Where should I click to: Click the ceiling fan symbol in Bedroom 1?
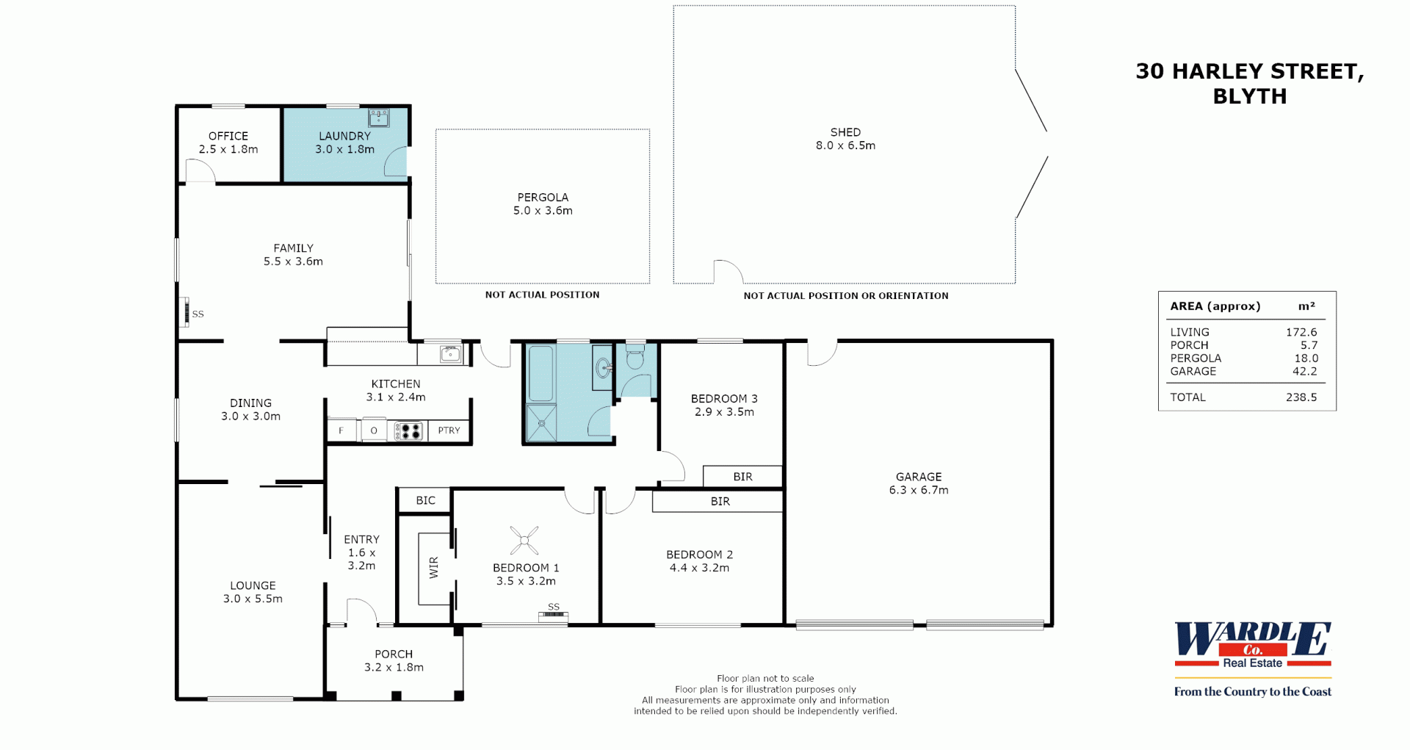pyautogui.click(x=524, y=541)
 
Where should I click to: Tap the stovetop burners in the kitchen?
pyautogui.click(x=409, y=430)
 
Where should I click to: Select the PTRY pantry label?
pyautogui.click(x=449, y=430)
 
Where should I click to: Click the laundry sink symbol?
pyautogui.click(x=379, y=118)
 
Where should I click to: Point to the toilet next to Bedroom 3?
pyautogui.click(x=635, y=356)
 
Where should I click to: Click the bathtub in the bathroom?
pyautogui.click(x=541, y=373)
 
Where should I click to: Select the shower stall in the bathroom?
pyautogui.click(x=541, y=422)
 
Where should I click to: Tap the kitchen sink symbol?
pyautogui.click(x=450, y=354)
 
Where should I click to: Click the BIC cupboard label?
pyautogui.click(x=426, y=500)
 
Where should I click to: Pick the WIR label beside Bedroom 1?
pyautogui.click(x=433, y=567)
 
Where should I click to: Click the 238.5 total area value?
pyautogui.click(x=1301, y=397)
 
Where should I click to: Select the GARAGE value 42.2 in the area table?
pyautogui.click(x=1305, y=371)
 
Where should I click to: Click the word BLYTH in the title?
pyautogui.click(x=1250, y=96)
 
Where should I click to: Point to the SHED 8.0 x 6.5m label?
pyautogui.click(x=845, y=139)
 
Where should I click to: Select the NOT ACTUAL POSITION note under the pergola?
pyautogui.click(x=542, y=295)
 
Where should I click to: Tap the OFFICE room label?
pyautogui.click(x=228, y=136)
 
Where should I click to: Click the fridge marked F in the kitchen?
pyautogui.click(x=341, y=430)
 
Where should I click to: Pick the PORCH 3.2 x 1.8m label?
pyautogui.click(x=394, y=660)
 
